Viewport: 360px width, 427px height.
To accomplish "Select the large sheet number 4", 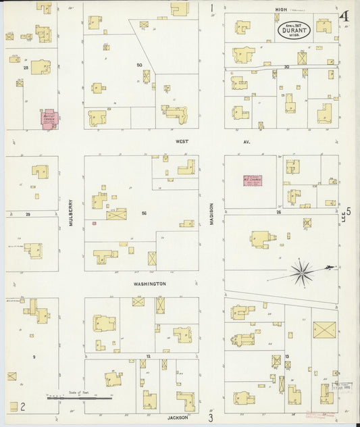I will pos(345,16).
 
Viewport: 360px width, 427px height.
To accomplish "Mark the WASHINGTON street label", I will pos(149,284).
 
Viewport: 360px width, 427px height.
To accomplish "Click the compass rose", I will pos(301,273).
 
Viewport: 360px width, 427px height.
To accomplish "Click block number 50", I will pos(139,65).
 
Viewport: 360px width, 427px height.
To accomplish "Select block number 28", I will pos(26,68).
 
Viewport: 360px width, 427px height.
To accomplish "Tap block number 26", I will pos(278,211).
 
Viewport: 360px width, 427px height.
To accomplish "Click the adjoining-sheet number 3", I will pos(211,418).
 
